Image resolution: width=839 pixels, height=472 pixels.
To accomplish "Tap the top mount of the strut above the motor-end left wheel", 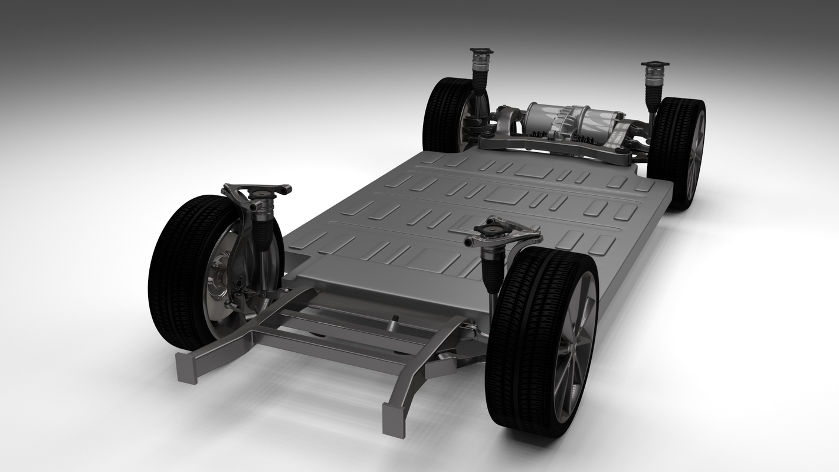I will (481, 52).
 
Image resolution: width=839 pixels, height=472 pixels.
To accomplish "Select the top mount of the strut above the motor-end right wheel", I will (655, 65).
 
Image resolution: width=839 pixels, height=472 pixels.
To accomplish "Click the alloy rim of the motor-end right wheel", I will (696, 156).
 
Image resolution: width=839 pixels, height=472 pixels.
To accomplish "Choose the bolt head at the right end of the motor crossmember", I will (618, 152).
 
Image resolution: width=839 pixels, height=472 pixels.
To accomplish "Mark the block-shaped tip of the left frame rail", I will (186, 367).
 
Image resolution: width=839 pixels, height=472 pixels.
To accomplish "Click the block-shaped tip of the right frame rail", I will (394, 420).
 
